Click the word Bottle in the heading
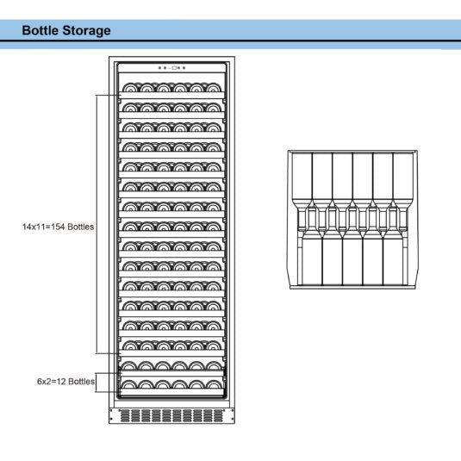pos(42,30)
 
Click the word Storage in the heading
pos(88,30)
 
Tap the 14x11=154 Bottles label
pos(58,227)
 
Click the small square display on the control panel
pos(174,67)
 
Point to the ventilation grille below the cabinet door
pos(172,414)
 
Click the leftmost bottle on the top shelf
pos(128,87)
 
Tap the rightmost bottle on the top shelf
pos(215,87)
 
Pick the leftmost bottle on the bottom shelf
pos(129,388)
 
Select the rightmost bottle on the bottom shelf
pos(215,388)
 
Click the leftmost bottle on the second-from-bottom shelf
pos(129,367)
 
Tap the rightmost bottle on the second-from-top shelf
pos(215,107)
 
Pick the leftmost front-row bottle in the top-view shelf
pos(311,259)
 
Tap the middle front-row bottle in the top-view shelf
pos(352,259)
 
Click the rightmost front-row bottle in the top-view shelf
pos(393,259)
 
